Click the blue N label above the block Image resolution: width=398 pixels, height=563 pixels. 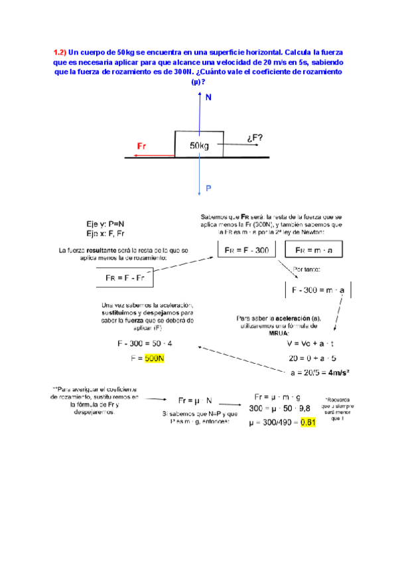[209, 98]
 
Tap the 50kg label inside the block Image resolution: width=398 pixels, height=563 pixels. [199, 146]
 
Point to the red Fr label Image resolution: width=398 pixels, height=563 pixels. [141, 145]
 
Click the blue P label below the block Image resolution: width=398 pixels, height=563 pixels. [208, 189]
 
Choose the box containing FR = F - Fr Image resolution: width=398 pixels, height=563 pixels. [125, 277]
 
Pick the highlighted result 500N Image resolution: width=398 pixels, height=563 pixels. [155, 359]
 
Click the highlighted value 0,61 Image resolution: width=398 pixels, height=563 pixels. [308, 422]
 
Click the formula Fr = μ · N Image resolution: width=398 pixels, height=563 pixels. [195, 400]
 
